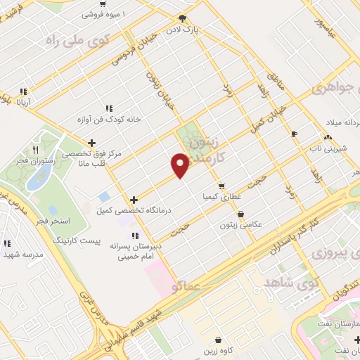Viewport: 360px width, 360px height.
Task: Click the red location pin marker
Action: click(180, 164)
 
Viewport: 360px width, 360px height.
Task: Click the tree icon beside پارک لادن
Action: click(184, 18)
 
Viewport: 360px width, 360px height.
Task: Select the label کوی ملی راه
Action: click(72, 40)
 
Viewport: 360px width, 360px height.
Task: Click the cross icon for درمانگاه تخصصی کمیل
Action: click(134, 200)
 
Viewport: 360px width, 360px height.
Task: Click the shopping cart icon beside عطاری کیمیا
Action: click(221, 186)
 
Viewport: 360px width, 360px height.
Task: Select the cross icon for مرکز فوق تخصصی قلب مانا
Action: click(91, 143)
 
